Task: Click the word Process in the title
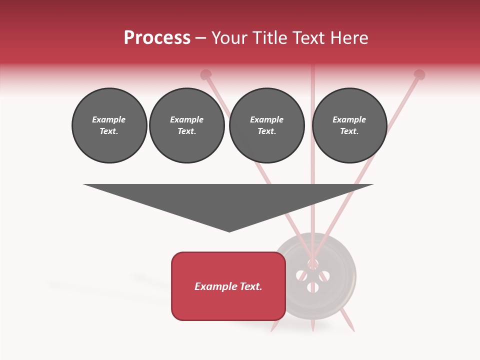157,37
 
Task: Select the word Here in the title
348,38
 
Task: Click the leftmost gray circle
109,125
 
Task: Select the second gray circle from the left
187,125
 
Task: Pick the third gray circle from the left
267,125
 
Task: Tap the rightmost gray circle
349,125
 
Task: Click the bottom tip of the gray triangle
229,231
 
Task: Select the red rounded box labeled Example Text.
228,286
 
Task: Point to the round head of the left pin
205,75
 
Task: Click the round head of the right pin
419,75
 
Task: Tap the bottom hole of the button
313,287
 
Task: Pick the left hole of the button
301,275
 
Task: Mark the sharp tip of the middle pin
312,330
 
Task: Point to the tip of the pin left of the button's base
272,330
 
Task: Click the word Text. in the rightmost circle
349,131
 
